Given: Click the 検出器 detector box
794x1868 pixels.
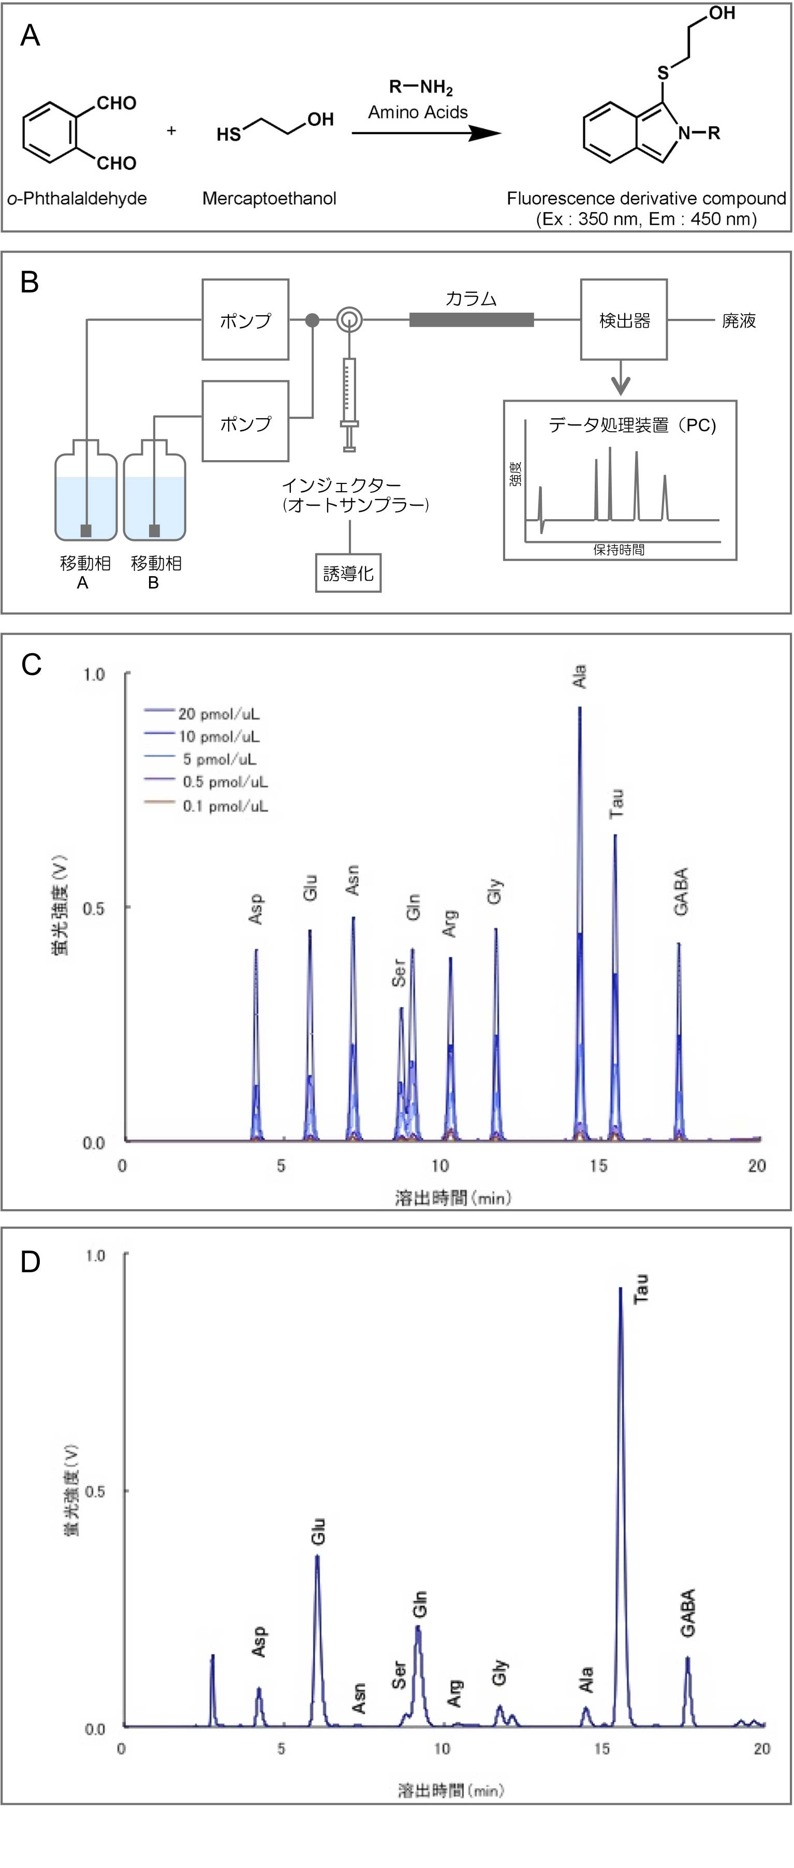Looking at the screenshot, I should coord(624,320).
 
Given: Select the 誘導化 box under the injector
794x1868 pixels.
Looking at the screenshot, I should coord(348,573).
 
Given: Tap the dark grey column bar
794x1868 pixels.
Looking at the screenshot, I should coord(472,320).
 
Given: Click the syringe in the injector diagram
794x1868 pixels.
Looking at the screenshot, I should coord(349,403).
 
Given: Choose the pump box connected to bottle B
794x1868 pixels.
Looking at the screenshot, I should coord(245,422).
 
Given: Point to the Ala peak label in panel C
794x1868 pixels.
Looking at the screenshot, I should coord(579,676).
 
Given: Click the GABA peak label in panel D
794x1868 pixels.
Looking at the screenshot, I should coord(688,1613).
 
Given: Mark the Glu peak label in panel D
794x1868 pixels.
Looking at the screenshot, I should coord(318,1532).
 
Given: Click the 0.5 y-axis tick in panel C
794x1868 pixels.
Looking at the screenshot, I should coord(94,908).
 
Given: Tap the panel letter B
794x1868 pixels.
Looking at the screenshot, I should coord(30,282).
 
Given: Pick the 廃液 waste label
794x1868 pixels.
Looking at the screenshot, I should coord(739,320).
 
